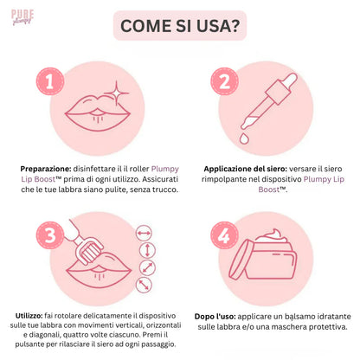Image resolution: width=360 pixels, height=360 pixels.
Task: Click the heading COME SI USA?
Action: coord(180,25)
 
